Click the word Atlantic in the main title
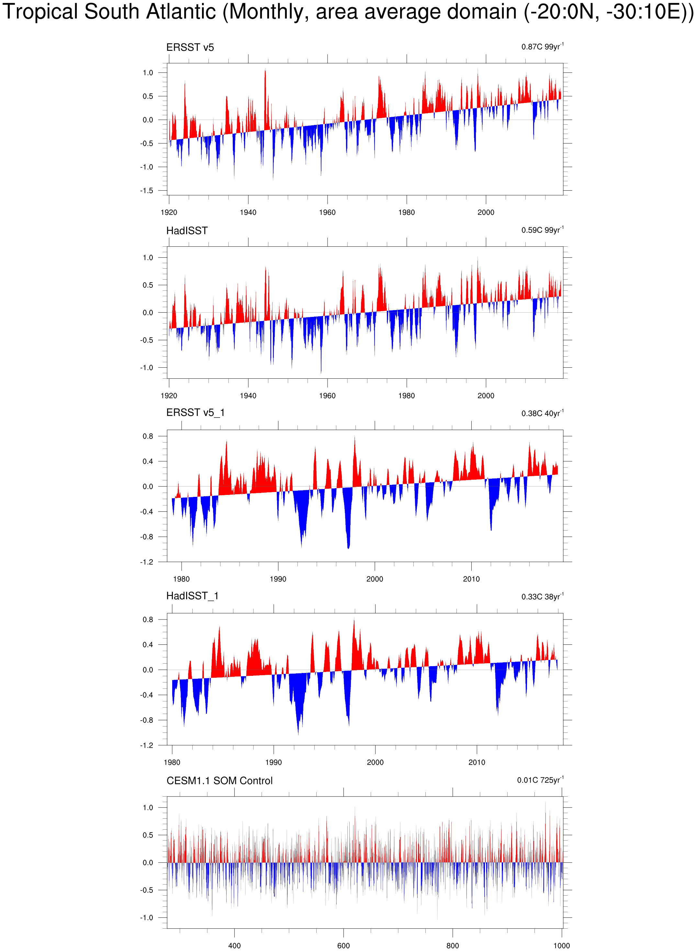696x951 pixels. [x=181, y=12]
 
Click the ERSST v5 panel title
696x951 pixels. [x=190, y=48]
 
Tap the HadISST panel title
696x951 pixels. [x=187, y=231]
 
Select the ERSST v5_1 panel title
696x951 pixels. [x=196, y=413]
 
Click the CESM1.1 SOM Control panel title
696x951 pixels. [x=219, y=781]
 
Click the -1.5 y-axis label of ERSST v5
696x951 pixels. [x=147, y=191]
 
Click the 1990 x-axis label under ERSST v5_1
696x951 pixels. [x=278, y=579]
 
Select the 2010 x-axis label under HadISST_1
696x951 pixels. [x=477, y=762]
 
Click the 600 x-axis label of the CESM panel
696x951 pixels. [x=343, y=945]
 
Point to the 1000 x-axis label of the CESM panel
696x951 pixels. [x=562, y=945]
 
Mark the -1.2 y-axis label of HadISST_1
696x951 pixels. [x=147, y=745]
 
